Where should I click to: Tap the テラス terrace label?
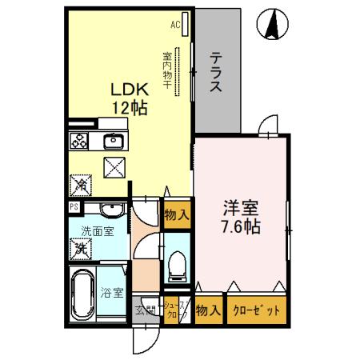[216, 73]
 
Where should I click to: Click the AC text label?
[175, 25]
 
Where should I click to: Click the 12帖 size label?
[128, 109]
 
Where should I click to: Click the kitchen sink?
[112, 143]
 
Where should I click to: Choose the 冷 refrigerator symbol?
[81, 184]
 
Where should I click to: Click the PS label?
[74, 206]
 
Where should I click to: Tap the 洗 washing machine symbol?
[81, 249]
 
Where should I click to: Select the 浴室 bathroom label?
[111, 292]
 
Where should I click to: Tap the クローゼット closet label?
[256, 311]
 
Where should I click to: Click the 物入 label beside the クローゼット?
[207, 311]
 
